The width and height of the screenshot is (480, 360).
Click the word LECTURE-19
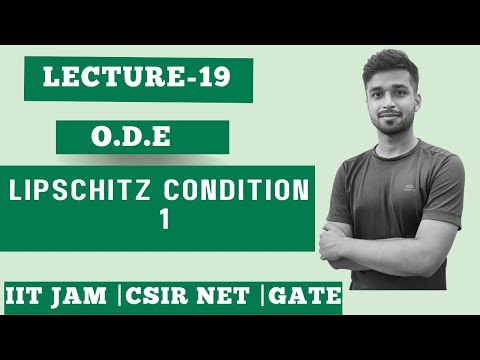click(x=141, y=79)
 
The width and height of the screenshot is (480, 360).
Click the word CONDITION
click(x=244, y=189)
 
